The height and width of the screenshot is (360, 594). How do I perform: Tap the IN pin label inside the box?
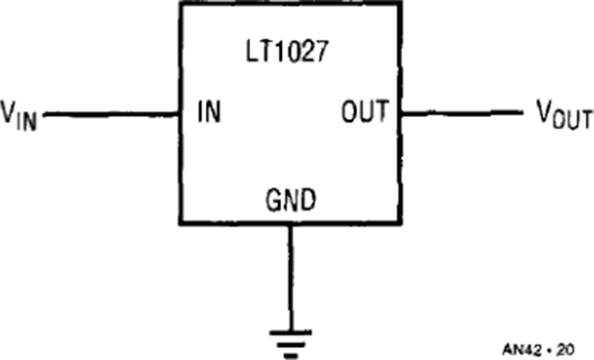pyautogui.click(x=209, y=112)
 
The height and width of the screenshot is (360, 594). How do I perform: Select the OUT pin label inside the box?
pyautogui.click(x=365, y=111)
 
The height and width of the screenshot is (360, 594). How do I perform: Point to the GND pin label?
pyautogui.click(x=290, y=199)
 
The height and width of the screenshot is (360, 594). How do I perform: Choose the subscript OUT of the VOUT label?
pyautogui.click(x=572, y=120)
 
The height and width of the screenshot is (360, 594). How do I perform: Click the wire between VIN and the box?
pyautogui.click(x=111, y=114)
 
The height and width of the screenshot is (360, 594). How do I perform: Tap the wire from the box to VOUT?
pyautogui.click(x=462, y=112)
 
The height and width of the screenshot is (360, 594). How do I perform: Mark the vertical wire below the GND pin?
pyautogui.click(x=290, y=278)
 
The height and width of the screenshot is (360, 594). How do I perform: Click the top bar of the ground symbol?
pyautogui.click(x=290, y=333)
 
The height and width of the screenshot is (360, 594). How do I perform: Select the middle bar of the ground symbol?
pyautogui.click(x=290, y=345)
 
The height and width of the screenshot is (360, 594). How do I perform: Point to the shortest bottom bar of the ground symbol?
pyautogui.click(x=290, y=356)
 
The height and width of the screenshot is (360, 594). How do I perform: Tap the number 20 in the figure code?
pyautogui.click(x=566, y=349)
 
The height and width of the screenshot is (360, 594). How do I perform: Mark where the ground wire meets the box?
pyautogui.click(x=290, y=223)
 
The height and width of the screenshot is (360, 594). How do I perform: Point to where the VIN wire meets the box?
pyautogui.click(x=180, y=114)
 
